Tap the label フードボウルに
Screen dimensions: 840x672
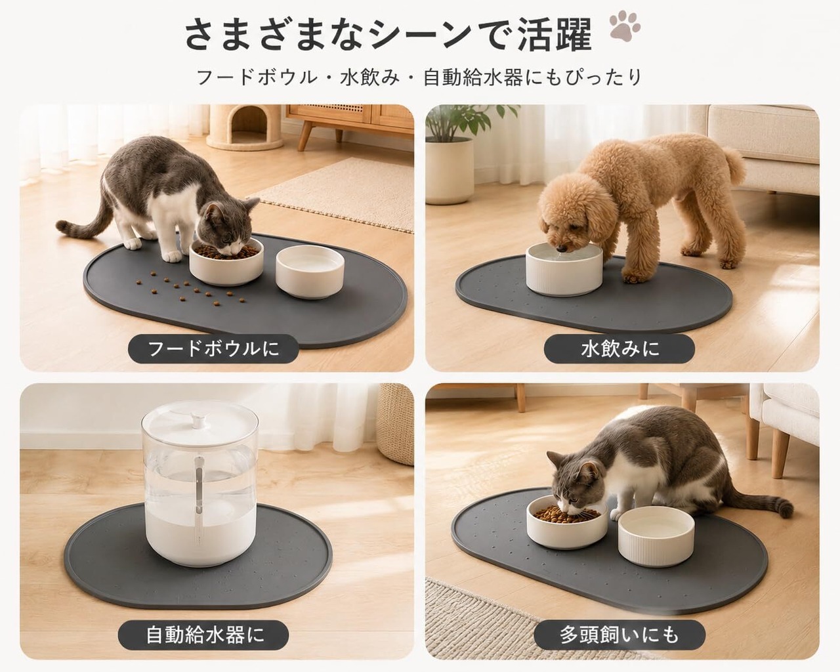pos(213,348)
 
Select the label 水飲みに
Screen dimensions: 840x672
pos(619,348)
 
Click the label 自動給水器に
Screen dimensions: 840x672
pos(203,635)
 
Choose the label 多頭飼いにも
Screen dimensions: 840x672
pos(619,635)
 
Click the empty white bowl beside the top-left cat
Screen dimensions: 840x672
pos(310,272)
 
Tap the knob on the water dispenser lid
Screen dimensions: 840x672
pos(201,420)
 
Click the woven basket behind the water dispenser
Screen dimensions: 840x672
pos(396,424)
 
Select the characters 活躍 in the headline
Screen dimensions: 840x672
pos(556,36)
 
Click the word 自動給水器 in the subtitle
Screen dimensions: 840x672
pos(473,77)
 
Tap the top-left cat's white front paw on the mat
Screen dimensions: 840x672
pos(173,256)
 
